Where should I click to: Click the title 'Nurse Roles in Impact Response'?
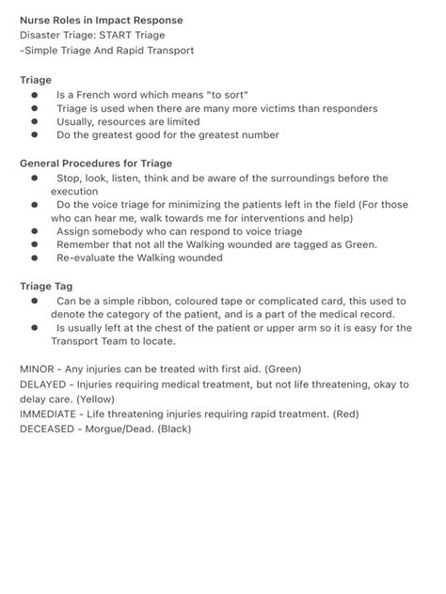pos(102,20)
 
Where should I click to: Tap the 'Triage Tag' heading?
pos(46,285)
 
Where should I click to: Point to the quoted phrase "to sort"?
pos(225,95)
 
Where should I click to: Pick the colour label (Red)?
pos(342,414)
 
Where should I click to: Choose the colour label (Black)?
pos(174,429)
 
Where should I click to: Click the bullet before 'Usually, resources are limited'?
pos(34,121)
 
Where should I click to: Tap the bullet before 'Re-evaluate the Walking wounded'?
pos(34,257)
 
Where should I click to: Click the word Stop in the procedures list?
pos(68,178)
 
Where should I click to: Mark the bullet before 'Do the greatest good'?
pos(34,134)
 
